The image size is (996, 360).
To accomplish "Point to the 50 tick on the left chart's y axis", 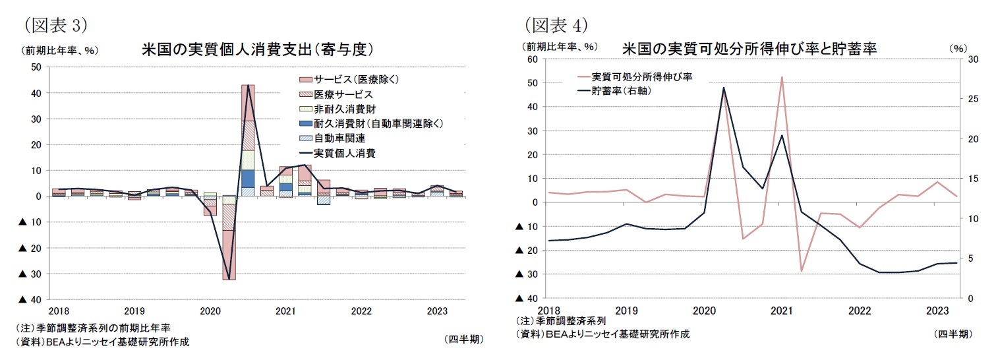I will tap(36, 67).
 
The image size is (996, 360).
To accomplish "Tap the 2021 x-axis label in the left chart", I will tap(285, 311).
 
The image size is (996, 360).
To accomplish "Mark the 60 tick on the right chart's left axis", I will tap(533, 59).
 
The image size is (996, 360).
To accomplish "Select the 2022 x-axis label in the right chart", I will tap(859, 311).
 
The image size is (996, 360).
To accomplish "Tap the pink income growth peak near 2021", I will tap(782, 77).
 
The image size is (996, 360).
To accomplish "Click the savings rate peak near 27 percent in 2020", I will tap(723, 88).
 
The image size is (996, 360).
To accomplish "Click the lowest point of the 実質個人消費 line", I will tap(229, 279).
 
